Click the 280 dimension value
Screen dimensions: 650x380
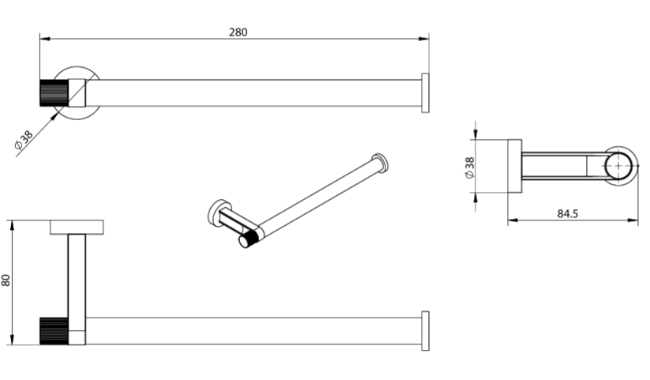[x=238, y=32]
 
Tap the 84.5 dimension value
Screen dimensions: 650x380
[x=568, y=213]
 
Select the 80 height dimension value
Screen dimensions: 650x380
[x=6, y=280]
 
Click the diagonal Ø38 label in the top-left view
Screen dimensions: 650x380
[x=24, y=140]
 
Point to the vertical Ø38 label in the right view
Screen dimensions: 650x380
[x=470, y=168]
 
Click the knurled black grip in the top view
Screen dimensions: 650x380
[x=54, y=92]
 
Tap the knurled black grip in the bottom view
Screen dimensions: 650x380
[x=54, y=331]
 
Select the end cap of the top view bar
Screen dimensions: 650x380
[x=426, y=93]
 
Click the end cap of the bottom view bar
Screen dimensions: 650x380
[x=426, y=331]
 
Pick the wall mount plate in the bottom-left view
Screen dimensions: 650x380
[x=77, y=228]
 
